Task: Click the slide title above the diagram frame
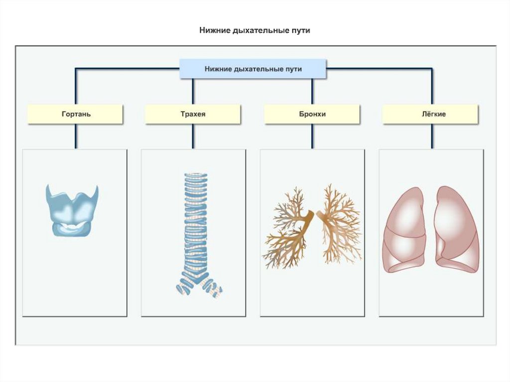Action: click(x=255, y=31)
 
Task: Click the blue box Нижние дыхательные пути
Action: click(x=253, y=69)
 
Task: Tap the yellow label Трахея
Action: click(x=193, y=114)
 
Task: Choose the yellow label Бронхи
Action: click(x=312, y=114)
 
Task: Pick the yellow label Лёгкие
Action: click(x=431, y=114)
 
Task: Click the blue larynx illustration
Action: click(x=72, y=209)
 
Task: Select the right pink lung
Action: click(x=456, y=229)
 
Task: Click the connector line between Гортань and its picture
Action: click(x=76, y=136)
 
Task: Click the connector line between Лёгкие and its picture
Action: click(x=432, y=136)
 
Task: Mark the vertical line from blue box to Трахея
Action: click(x=193, y=92)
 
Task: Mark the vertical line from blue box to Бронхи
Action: click(x=312, y=92)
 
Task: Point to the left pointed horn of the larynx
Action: click(x=48, y=190)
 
